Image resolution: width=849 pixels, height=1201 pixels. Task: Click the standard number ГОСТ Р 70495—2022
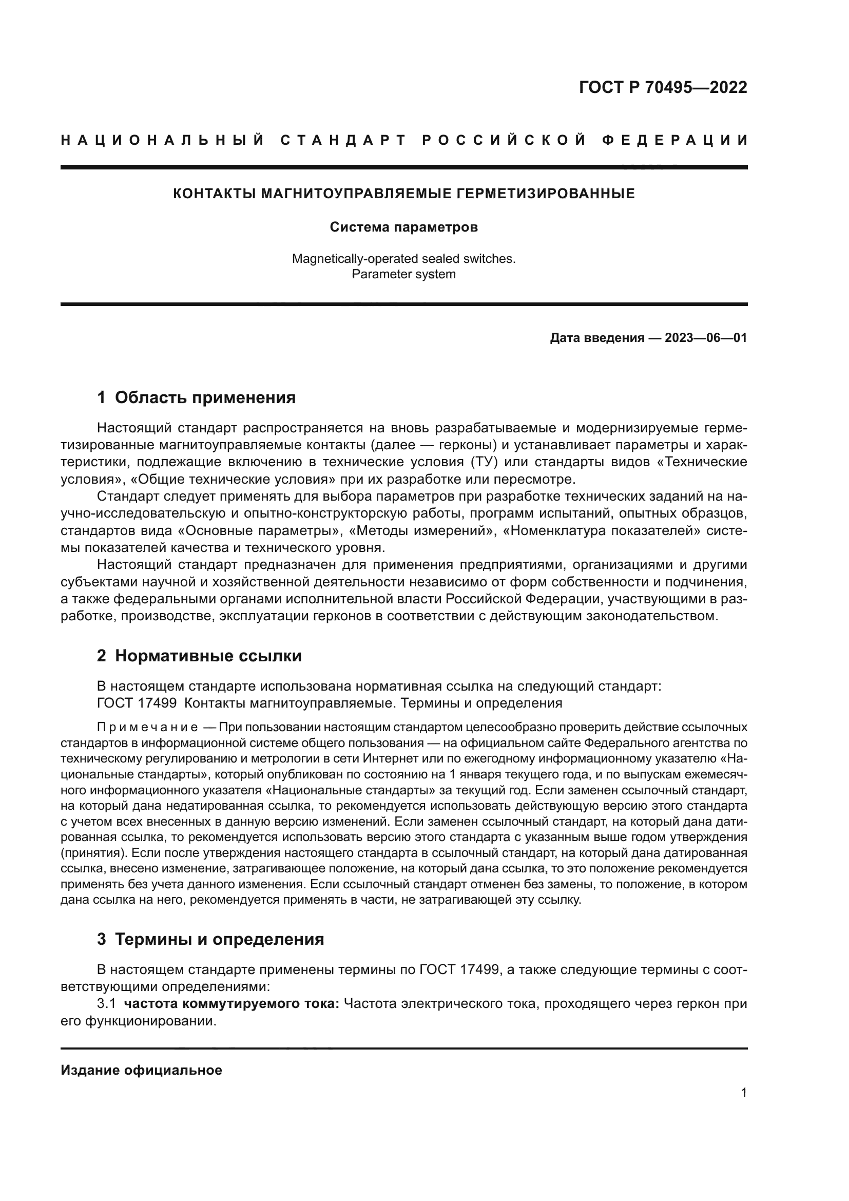pos(663,87)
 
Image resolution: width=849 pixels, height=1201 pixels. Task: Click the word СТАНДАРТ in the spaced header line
pos(343,140)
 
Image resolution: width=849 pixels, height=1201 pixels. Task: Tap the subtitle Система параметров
pos(403,227)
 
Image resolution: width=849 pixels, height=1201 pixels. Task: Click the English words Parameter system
pos(403,275)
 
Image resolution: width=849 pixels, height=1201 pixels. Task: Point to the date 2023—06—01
pos(706,338)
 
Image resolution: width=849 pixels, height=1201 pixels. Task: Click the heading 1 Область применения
pos(197,397)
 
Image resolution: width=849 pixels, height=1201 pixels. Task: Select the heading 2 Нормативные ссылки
pos(199,655)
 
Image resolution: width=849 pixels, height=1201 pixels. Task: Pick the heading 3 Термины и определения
pos(210,939)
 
